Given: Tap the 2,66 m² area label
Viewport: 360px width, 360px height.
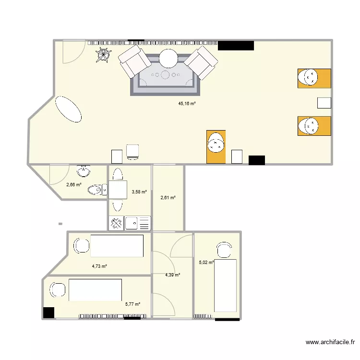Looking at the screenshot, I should click(73, 184).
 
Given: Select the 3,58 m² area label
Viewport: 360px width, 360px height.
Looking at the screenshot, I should click(139, 192).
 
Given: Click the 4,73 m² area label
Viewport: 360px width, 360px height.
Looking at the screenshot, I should click(99, 266).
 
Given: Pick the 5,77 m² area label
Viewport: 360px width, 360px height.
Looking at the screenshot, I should click(132, 304).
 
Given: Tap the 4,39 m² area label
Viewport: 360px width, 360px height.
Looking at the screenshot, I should click(172, 275).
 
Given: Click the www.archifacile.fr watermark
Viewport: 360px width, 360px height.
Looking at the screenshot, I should click(330, 343).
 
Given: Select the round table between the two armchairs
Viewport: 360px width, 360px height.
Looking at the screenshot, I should click(169, 59).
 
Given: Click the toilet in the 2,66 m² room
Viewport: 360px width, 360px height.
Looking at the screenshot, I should click(98, 191).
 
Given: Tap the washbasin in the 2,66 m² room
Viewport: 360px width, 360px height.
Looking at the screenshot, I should click(84, 171).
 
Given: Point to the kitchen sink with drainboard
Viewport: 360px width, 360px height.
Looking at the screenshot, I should click(138, 223).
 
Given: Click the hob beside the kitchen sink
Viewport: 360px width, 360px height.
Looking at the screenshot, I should click(117, 223).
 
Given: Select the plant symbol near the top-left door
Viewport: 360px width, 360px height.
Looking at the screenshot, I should click(102, 56).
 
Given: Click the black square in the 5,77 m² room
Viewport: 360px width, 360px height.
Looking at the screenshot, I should click(48, 312).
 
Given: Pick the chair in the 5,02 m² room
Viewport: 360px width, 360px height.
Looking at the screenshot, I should click(223, 251).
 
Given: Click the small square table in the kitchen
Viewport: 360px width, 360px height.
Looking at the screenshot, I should click(118, 190).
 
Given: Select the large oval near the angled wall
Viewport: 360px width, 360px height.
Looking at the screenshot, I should click(68, 110).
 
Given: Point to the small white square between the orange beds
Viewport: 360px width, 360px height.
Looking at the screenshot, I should click(324, 103).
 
